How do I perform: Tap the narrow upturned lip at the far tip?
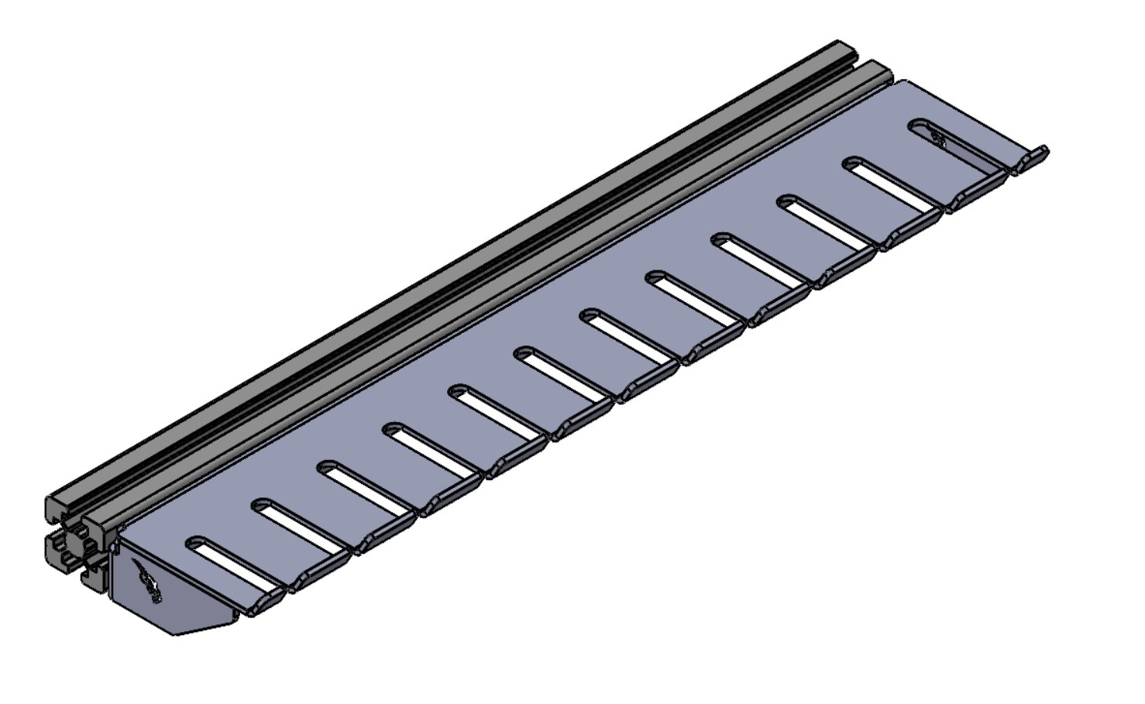[1035, 156]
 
